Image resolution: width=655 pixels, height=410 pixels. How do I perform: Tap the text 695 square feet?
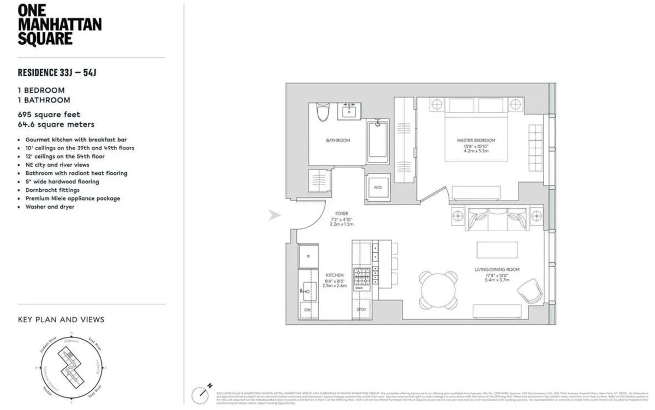click(49, 114)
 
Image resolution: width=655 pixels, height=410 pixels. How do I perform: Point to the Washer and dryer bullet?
click(50, 207)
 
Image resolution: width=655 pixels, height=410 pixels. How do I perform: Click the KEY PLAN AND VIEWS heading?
click(61, 319)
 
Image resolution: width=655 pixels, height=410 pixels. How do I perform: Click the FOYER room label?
click(342, 214)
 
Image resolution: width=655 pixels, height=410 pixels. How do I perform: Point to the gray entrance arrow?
click(275, 215)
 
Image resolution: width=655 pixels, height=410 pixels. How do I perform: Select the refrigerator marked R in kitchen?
click(308, 256)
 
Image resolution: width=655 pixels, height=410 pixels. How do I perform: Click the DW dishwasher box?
click(307, 309)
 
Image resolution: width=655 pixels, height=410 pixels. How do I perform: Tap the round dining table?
click(438, 289)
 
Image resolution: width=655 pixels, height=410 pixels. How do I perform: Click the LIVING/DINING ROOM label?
click(497, 269)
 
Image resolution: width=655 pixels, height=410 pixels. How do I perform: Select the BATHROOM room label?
click(337, 141)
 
